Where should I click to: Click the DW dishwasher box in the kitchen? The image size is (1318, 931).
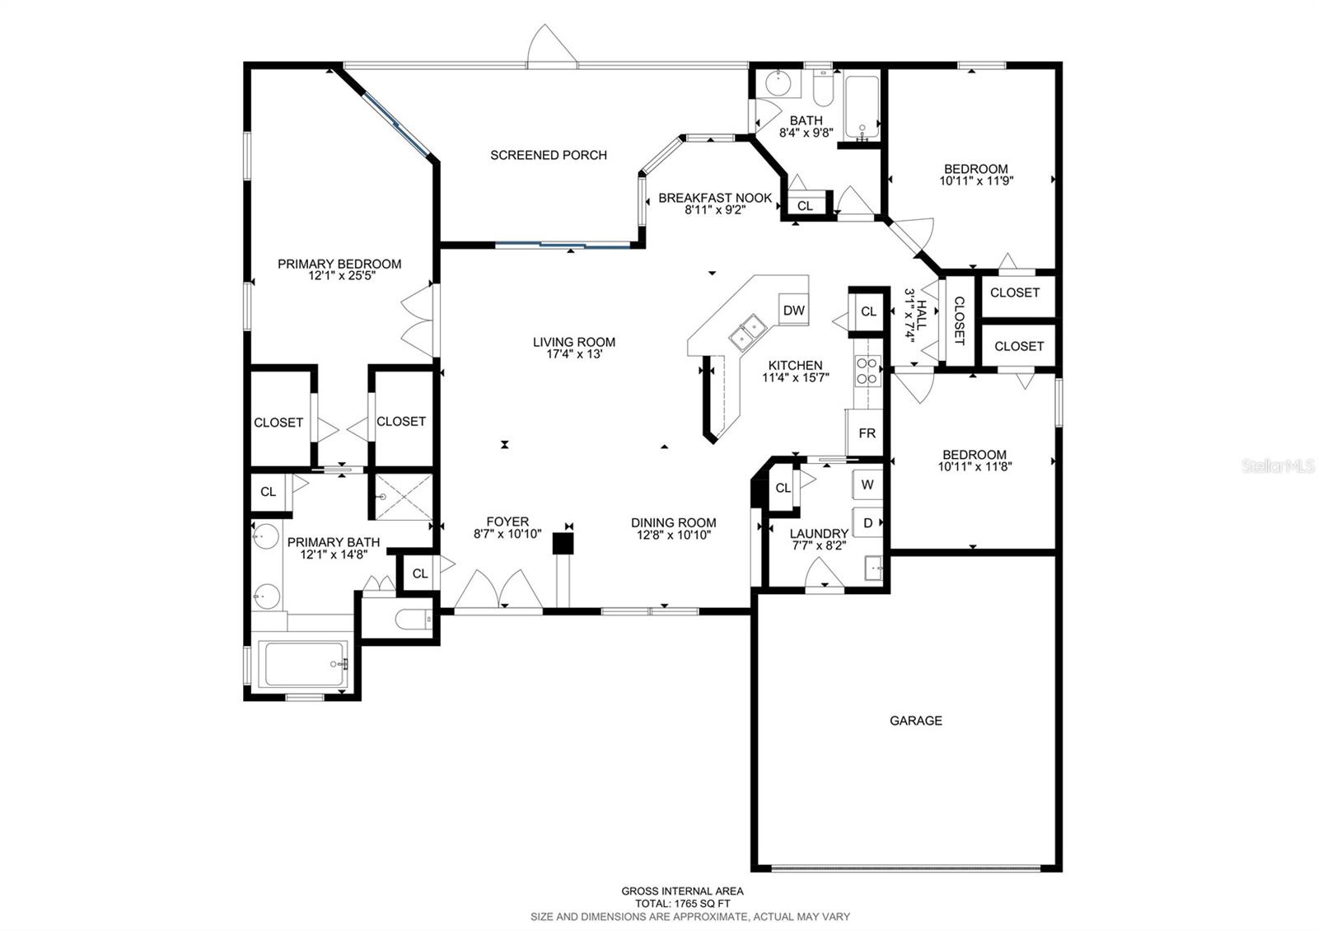793,311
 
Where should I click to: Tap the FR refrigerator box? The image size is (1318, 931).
867,433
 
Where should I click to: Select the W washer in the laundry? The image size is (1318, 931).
867,484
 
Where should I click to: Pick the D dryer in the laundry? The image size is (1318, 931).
867,522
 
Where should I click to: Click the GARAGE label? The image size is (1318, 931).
915,720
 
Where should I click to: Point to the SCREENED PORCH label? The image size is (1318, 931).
549,155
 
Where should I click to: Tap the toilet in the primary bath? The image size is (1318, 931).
409,619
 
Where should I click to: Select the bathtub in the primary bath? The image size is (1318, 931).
305,664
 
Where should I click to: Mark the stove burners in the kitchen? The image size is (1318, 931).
867,371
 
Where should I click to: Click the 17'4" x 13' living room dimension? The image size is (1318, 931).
573,354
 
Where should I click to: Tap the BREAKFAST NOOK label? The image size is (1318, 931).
715,198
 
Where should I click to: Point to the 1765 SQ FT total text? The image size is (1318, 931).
682,904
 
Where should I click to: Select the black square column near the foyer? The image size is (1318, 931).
562,543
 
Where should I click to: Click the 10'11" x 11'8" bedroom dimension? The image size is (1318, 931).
974,466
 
